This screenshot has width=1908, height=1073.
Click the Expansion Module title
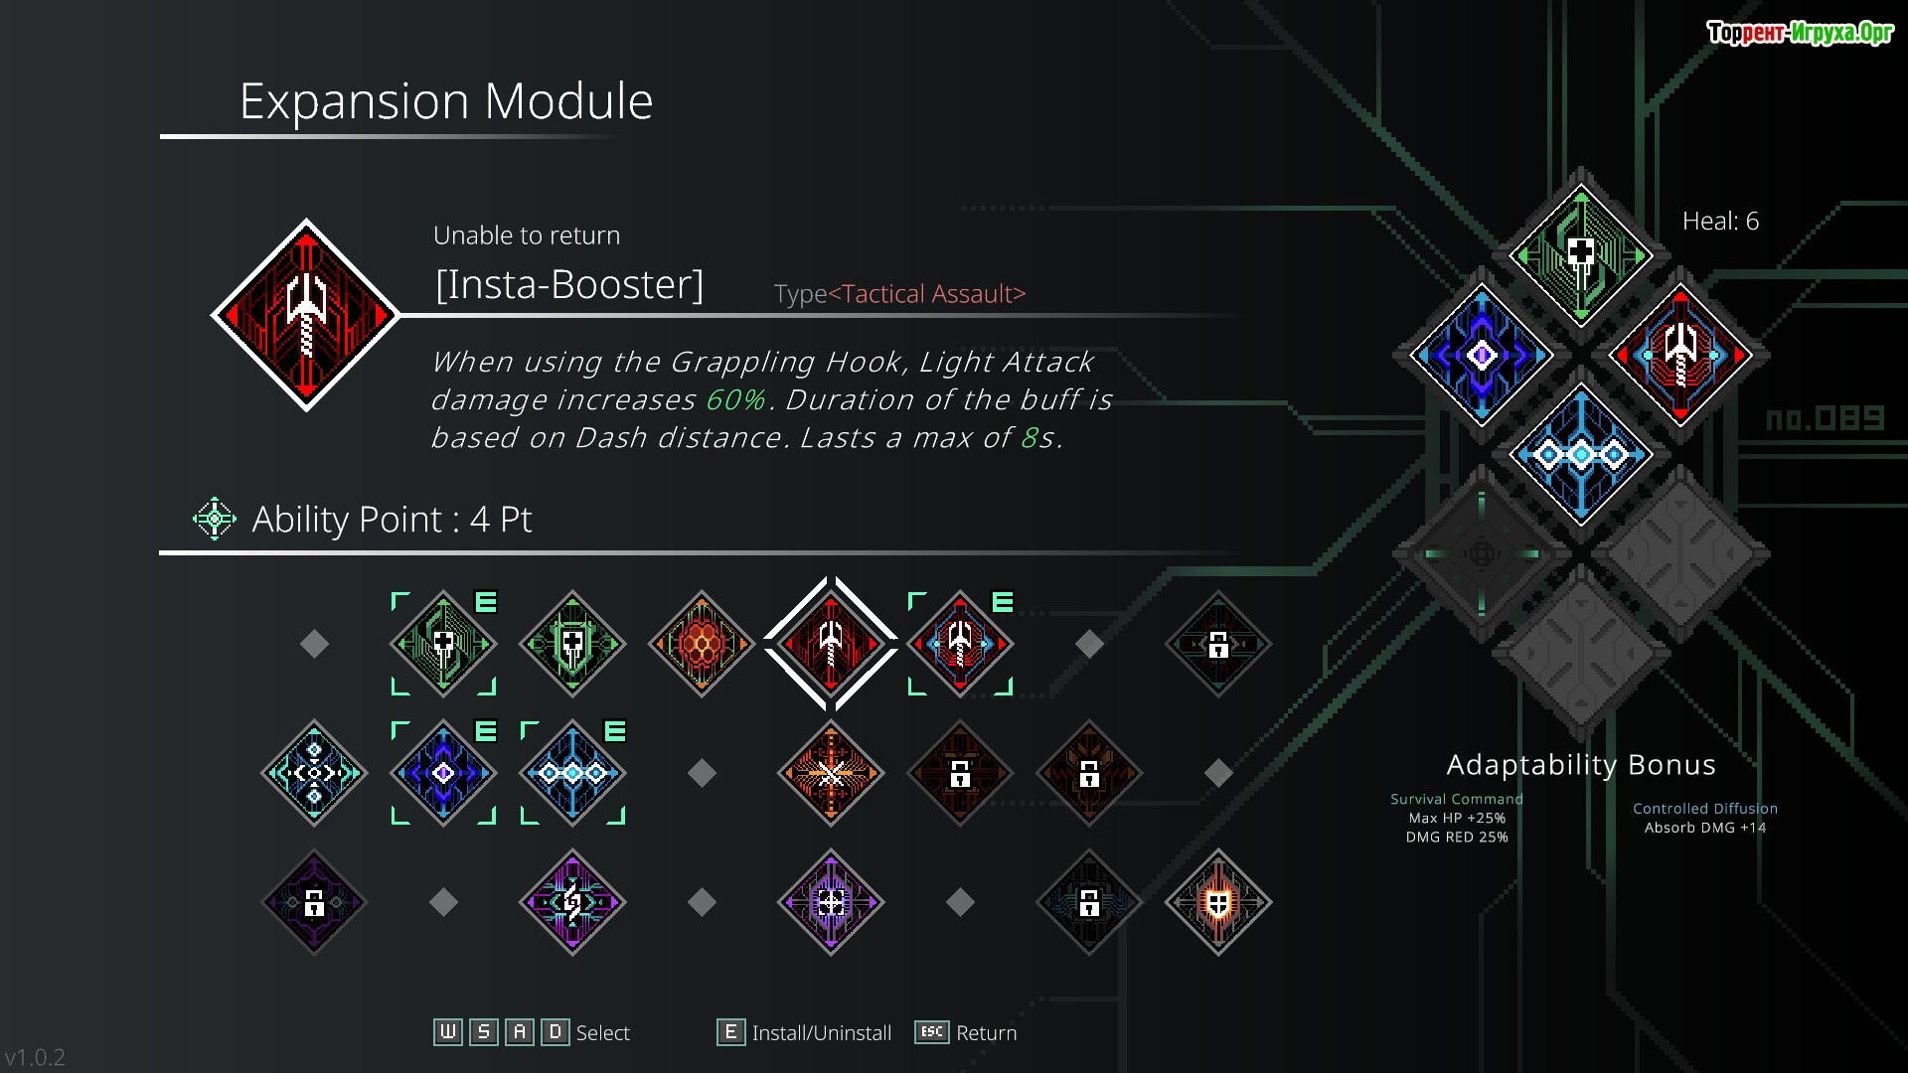click(446, 101)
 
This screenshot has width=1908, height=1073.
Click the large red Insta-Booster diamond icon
click(306, 315)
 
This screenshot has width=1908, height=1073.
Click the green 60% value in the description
click(735, 399)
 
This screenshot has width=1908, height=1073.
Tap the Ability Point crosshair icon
click(214, 519)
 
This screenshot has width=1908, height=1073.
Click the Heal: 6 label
click(1720, 221)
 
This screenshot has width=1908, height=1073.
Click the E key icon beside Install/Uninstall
click(730, 1032)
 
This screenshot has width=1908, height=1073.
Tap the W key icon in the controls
click(448, 1032)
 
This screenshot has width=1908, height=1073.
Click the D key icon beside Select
click(556, 1032)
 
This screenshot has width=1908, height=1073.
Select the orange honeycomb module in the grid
click(702, 644)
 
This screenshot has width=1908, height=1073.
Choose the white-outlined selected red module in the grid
click(831, 644)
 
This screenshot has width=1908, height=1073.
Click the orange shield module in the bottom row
click(1218, 902)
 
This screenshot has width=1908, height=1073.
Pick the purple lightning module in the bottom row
click(572, 902)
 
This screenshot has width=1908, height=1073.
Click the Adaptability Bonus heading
click(1580, 764)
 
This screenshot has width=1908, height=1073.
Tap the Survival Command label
click(1456, 799)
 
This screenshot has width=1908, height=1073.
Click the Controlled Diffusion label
click(1704, 809)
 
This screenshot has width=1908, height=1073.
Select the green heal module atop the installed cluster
click(1580, 255)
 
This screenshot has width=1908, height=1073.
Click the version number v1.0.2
click(36, 1057)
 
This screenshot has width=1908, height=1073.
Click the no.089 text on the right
click(1825, 418)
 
